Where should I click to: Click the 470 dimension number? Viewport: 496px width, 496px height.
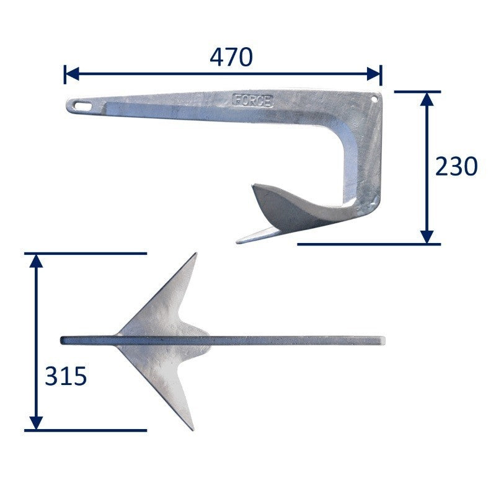[231, 57]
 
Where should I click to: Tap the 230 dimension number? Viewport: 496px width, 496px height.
[456, 166]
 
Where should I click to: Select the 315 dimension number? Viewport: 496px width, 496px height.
[66, 376]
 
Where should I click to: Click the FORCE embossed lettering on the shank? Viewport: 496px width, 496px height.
[252, 100]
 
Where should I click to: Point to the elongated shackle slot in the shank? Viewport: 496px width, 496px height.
[82, 105]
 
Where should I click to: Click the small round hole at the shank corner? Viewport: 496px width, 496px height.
[375, 99]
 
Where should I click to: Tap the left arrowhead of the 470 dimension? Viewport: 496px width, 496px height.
[72, 74]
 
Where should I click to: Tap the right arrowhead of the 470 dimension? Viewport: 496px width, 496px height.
[373, 74]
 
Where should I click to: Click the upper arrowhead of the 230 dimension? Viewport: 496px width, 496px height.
[427, 99]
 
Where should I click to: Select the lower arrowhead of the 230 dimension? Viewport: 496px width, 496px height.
[427, 237]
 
